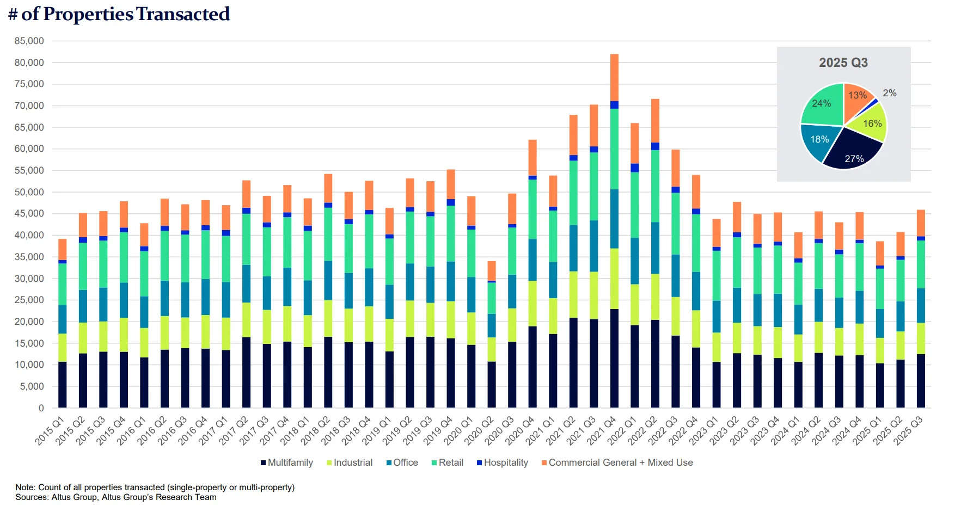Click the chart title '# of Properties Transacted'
119,14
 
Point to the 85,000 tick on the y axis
29,41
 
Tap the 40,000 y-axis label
29,235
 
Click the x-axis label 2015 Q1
50,430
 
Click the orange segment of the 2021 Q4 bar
614,77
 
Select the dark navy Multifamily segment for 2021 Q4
614,358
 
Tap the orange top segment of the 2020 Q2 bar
492,271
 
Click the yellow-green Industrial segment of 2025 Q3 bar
921,338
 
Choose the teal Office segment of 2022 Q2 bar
655,248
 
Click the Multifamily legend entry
287,462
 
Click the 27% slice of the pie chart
852,152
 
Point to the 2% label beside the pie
889,93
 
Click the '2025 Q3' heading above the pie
843,63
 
